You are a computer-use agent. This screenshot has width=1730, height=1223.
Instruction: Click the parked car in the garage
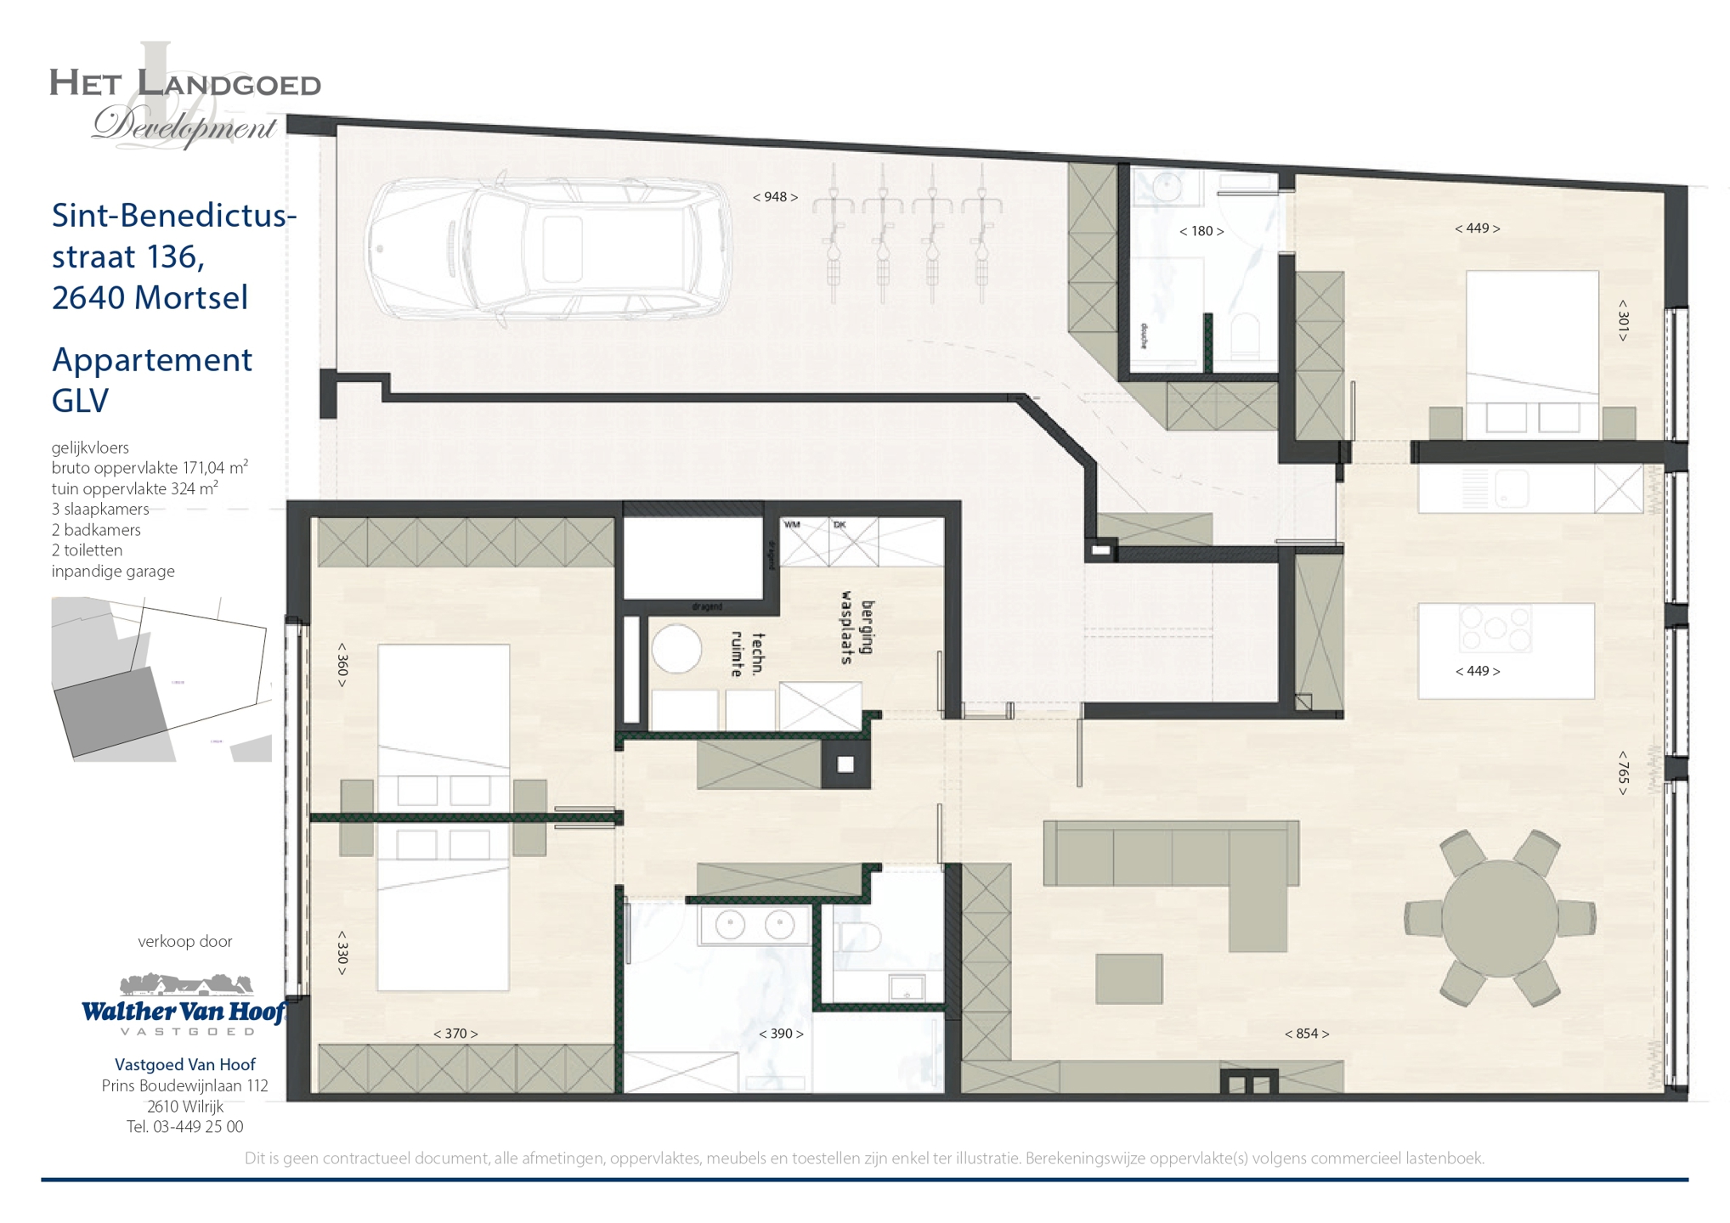(548, 248)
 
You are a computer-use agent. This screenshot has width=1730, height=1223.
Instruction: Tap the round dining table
(1499, 918)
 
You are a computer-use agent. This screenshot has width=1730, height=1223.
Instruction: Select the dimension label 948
(775, 197)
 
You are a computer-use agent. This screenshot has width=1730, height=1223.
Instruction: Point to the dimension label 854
(1306, 1034)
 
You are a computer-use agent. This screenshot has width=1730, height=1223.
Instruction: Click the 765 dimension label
(1622, 772)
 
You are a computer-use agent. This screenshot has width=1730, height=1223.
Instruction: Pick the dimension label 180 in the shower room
(1201, 231)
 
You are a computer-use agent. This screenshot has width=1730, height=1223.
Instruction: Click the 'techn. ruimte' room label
(748, 654)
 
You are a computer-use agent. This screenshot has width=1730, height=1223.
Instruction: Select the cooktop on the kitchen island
(1495, 628)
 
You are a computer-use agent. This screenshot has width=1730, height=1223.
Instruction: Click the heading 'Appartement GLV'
(151, 380)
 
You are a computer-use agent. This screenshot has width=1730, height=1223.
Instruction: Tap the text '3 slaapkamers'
(99, 509)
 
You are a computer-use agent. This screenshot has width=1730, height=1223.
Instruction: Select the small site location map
(161, 679)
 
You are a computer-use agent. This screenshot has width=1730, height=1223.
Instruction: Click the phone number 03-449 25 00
(197, 1127)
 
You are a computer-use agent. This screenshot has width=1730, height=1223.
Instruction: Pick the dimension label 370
(455, 1034)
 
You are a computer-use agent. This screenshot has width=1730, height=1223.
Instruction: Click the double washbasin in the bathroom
(755, 925)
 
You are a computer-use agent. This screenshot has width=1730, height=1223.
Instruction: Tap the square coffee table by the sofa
(1128, 978)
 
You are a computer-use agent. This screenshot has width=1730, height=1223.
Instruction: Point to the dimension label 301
(1622, 320)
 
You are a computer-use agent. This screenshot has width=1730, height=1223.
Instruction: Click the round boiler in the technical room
(676, 649)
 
